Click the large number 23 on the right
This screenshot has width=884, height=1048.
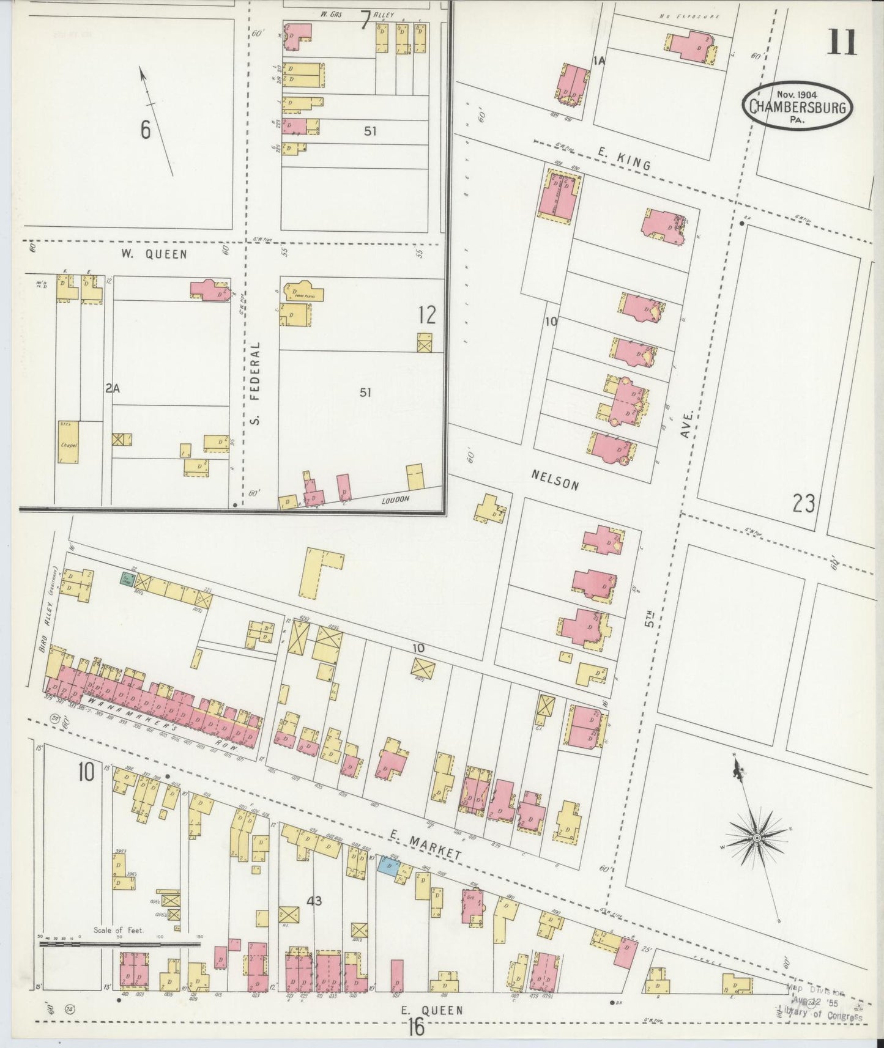tap(803, 504)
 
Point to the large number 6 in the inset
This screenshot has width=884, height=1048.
tap(146, 130)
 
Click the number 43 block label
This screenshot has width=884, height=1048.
tap(315, 900)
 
